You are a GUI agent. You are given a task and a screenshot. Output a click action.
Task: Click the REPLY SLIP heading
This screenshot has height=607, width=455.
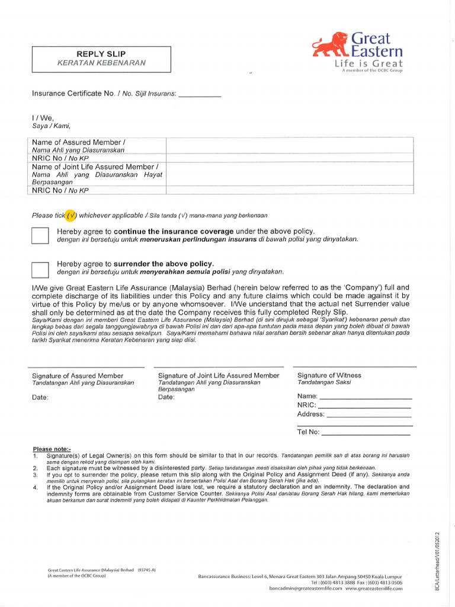(101, 53)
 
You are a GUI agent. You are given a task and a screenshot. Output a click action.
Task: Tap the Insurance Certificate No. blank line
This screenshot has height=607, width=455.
(200, 95)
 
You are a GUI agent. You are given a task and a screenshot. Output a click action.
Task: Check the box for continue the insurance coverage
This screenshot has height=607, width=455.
(40, 235)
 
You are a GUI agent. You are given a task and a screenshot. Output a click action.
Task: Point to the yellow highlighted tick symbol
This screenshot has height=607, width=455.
(71, 215)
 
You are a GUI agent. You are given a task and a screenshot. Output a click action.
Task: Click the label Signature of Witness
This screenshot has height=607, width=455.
(329, 375)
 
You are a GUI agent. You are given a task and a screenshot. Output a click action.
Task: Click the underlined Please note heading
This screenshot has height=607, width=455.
(52, 449)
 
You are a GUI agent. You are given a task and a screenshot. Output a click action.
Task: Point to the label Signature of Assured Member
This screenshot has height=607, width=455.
(78, 376)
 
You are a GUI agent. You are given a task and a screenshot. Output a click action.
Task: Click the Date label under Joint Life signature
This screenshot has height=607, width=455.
(166, 397)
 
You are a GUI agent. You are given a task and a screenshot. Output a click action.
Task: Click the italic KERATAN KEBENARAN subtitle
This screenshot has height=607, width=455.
(101, 63)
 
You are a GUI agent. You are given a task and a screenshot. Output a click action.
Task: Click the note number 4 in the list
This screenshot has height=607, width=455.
(36, 487)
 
